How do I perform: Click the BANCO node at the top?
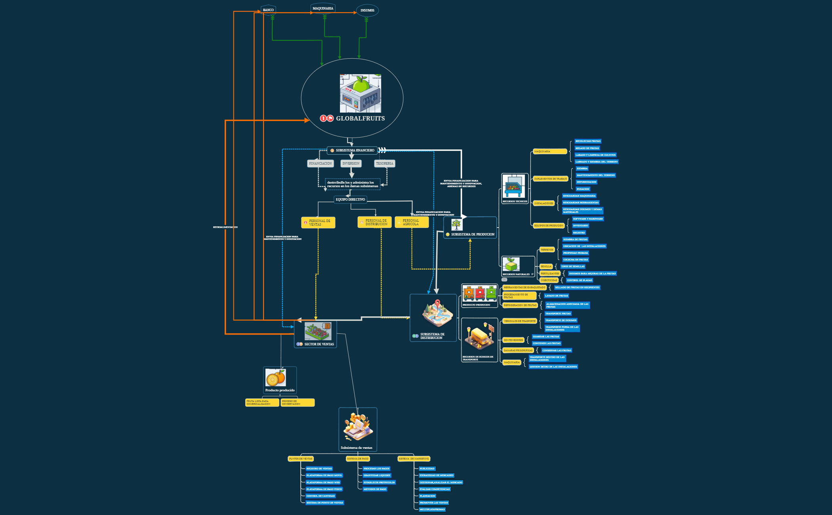click(268, 10)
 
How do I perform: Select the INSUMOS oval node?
click(367, 11)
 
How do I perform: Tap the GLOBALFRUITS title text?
click(360, 119)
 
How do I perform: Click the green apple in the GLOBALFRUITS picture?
click(361, 84)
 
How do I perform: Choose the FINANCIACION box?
click(321, 163)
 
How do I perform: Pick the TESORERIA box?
click(384, 163)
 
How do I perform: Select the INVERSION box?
click(351, 163)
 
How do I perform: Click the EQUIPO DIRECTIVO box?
click(350, 199)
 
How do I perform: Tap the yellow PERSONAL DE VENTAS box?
click(318, 223)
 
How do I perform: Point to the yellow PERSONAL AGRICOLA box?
click(412, 222)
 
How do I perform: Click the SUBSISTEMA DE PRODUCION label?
click(473, 234)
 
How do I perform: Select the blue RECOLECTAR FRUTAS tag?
click(588, 141)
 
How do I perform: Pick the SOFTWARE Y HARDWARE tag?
click(588, 219)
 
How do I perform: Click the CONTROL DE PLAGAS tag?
click(579, 280)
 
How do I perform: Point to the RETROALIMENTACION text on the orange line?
click(225, 227)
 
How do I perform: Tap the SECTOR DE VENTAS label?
click(319, 344)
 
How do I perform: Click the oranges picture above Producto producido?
click(276, 378)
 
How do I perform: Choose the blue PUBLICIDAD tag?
click(427, 469)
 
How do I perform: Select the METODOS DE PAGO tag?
click(375, 489)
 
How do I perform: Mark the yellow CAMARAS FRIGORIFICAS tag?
click(518, 350)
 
